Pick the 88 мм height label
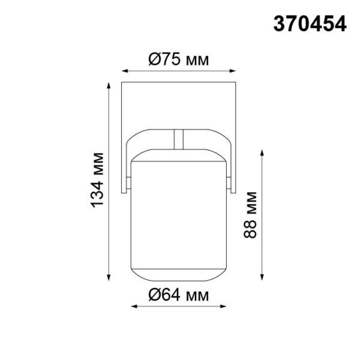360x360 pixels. (x=251, y=215)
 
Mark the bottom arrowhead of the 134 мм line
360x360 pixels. (x=109, y=277)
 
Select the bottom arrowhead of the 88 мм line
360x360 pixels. (x=262, y=277)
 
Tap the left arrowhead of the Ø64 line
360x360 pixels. (x=133, y=307)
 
